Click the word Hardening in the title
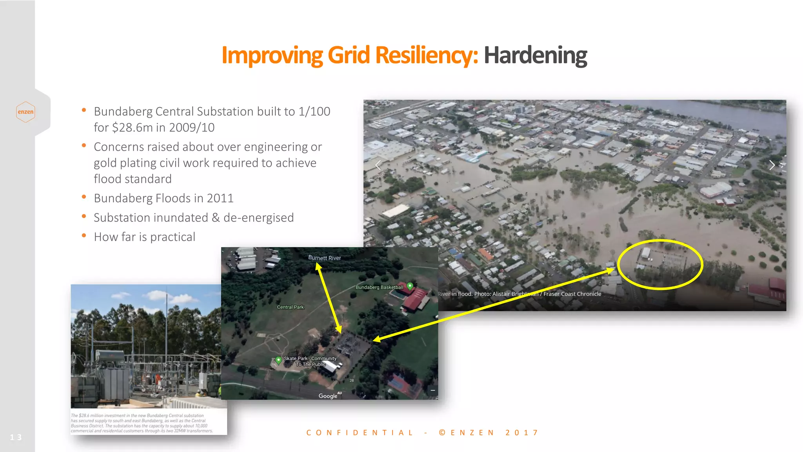coord(535,55)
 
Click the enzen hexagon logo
coord(25,112)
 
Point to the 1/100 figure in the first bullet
coord(314,111)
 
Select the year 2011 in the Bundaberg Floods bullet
coord(220,198)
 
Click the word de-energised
coord(258,218)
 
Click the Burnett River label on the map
coord(324,258)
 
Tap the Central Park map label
coord(290,307)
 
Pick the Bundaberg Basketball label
coord(379,287)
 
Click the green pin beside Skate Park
coord(278,359)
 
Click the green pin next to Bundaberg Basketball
coord(410,286)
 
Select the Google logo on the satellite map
coord(328,396)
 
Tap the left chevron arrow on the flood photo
coord(378,166)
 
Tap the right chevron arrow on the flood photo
coord(772,165)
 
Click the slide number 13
coord(16,437)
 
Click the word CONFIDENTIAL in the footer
coord(360,433)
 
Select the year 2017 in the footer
coord(522,433)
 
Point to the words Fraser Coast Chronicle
coord(572,294)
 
